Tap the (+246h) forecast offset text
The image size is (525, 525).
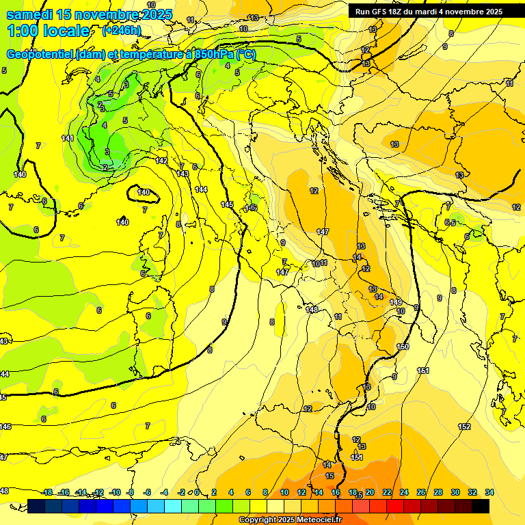(x=122, y=30)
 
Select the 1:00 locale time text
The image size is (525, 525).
(x=48, y=31)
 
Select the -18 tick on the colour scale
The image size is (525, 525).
(x=47, y=492)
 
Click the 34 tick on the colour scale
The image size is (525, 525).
(x=489, y=492)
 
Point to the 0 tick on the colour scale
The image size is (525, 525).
(x=197, y=492)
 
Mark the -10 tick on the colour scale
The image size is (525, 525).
(x=115, y=492)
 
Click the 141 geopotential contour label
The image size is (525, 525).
(x=68, y=139)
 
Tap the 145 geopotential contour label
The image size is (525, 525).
(x=228, y=205)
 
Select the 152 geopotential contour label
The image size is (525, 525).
(x=464, y=427)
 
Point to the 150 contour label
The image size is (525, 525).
(x=403, y=347)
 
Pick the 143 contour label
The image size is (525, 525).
(x=183, y=174)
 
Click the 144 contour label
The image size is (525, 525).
(x=201, y=189)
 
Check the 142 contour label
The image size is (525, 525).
(x=162, y=161)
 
